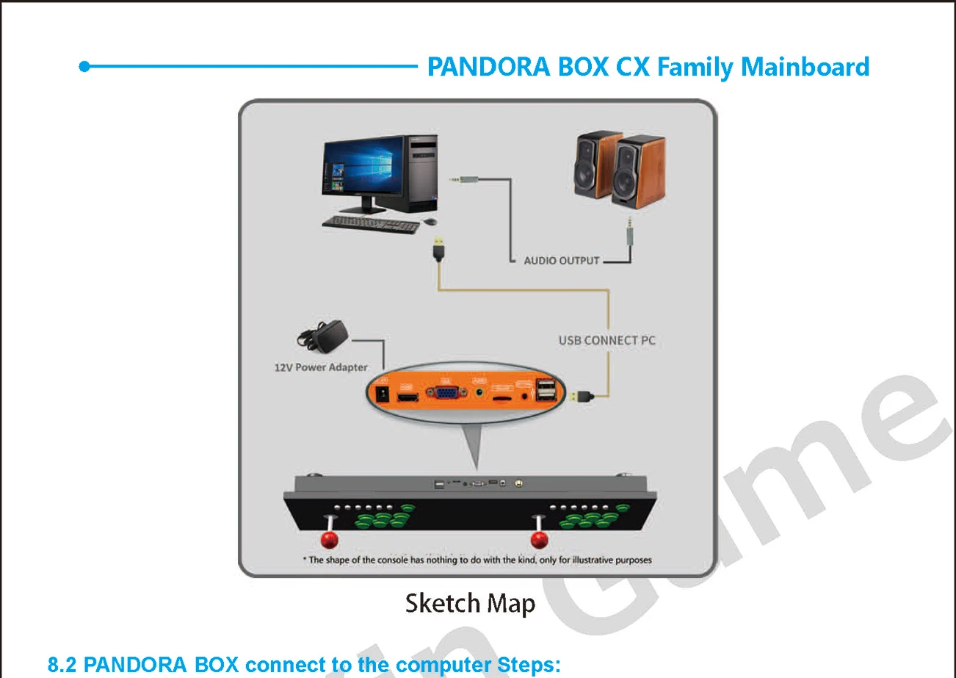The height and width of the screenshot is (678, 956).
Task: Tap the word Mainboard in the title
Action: pos(805,67)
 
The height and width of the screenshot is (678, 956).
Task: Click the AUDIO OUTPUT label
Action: pos(561,261)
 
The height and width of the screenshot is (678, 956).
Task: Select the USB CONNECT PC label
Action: pos(606,341)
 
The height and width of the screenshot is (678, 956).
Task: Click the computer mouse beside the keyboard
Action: pos(430,221)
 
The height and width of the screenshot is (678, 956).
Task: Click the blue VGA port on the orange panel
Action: pos(445,392)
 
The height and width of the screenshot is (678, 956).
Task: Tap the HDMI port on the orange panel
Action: pos(408,397)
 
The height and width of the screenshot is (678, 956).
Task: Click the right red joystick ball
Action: pos(540,541)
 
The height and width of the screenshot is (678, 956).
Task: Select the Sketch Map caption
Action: pos(470,604)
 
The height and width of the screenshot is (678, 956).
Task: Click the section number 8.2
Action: pos(64,666)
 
